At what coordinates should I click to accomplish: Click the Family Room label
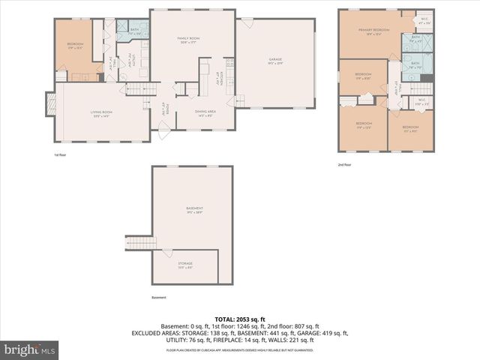187,40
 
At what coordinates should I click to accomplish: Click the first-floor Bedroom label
75,45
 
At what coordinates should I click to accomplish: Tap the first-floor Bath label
134,31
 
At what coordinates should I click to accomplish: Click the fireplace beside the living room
50,104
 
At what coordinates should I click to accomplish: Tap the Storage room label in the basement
185,265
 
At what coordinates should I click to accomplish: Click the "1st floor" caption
61,155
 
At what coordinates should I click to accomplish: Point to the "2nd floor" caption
345,165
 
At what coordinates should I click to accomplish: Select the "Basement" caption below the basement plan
159,298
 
